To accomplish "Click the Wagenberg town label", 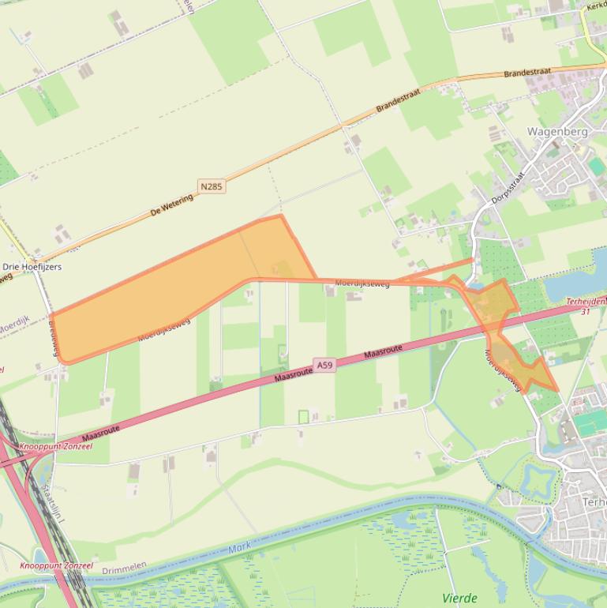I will coord(557,132).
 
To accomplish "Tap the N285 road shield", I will coord(212,186).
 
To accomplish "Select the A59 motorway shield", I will coord(324,364).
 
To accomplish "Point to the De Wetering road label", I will coord(171,207).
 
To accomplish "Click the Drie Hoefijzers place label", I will coord(32,267).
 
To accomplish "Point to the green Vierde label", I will coord(459,598).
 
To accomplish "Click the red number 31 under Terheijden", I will coord(585,311).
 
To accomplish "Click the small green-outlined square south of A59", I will coord(304,416).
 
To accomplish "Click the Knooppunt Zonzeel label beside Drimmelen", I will coord(56,565).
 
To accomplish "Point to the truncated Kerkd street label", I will coord(596,5).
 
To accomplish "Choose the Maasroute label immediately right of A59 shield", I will coord(384,352).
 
